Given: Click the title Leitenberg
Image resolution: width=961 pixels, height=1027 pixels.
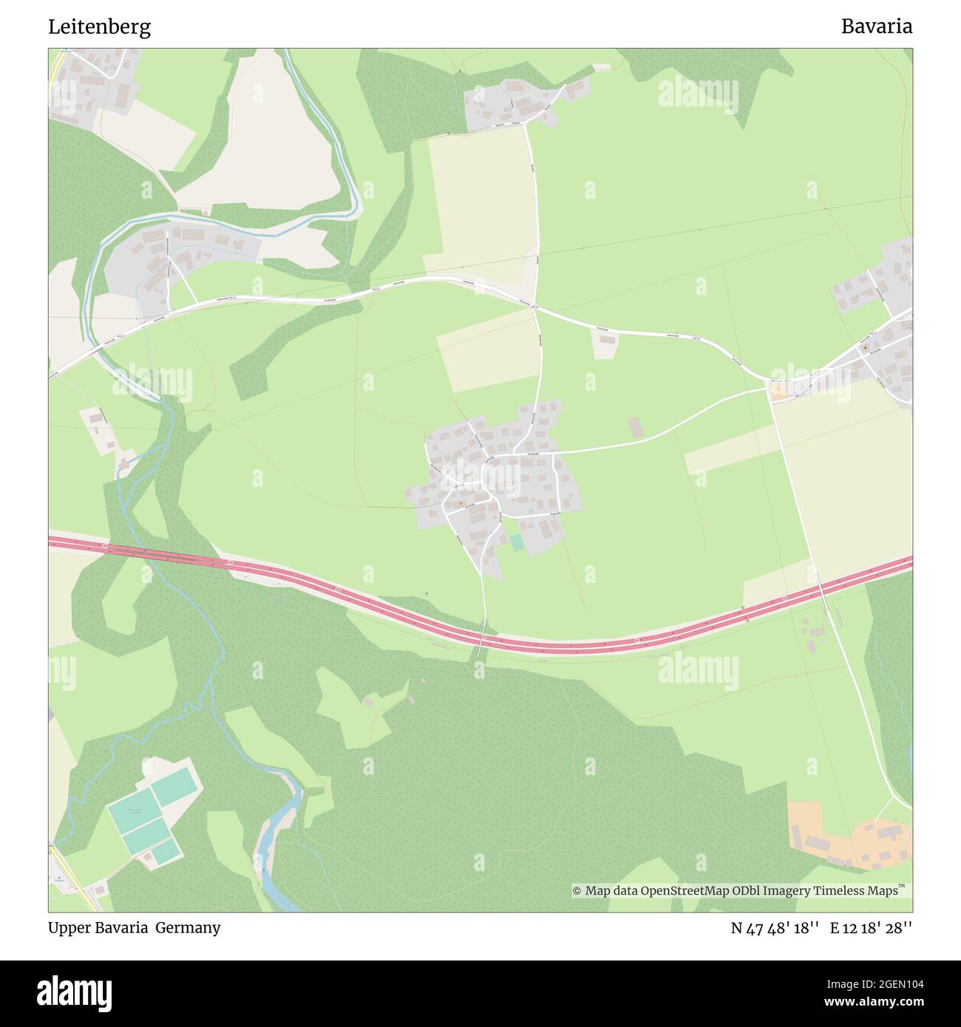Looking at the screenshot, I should (99, 27).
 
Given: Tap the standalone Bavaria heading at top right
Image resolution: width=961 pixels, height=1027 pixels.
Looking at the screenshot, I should (876, 27).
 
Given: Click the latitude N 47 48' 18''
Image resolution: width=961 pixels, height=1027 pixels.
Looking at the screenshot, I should (775, 928).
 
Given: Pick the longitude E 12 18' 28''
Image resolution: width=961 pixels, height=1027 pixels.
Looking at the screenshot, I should (871, 928).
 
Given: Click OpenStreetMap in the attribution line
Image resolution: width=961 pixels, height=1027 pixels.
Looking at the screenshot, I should (686, 891).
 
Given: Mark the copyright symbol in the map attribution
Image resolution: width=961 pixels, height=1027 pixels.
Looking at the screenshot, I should (577, 891).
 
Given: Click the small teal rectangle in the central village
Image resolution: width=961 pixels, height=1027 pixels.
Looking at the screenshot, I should (517, 542).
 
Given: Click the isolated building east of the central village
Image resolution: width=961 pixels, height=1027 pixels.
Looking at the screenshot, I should (636, 427).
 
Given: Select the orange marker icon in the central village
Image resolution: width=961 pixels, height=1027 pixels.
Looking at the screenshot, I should (461, 504).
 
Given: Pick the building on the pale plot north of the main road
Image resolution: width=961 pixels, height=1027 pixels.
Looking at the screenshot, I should (607, 340).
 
